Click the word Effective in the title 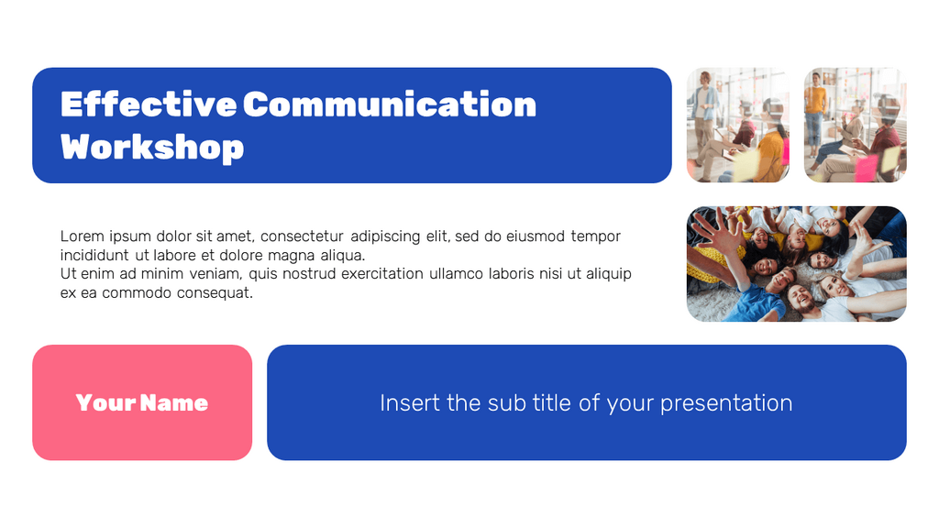coord(148,104)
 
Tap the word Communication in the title coord(390,104)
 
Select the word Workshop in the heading coord(152,147)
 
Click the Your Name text coord(142,402)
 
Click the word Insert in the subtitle coord(409,403)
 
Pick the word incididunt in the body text coord(95,256)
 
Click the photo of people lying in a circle coord(796,264)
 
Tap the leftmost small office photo coord(738,125)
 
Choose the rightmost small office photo coord(856,125)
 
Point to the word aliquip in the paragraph coord(605,274)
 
